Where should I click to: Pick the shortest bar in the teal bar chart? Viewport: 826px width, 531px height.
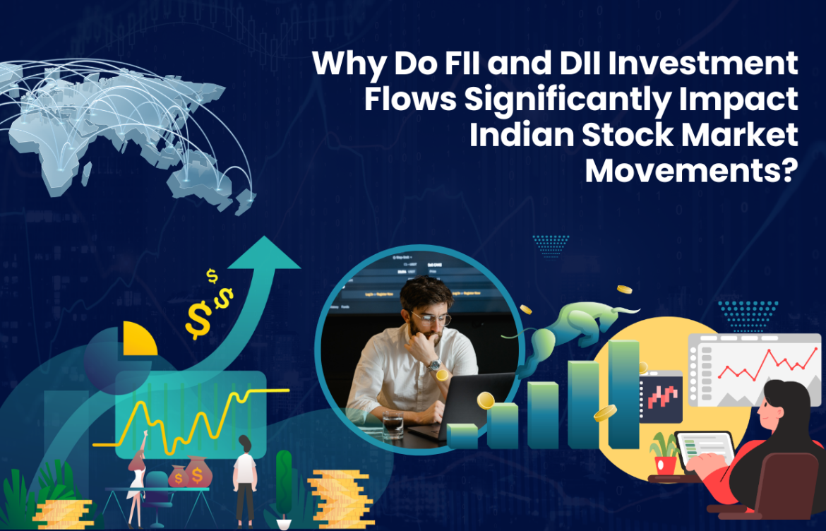(462, 435)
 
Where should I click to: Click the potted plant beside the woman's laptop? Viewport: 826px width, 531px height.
(664, 453)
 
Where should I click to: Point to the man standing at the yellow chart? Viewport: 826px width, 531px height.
(245, 477)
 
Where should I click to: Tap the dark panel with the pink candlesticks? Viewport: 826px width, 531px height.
(661, 395)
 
